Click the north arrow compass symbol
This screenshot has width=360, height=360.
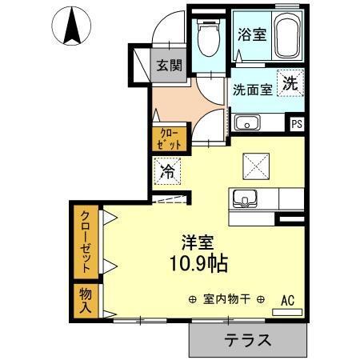click(70, 26)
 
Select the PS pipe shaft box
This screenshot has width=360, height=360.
click(296, 123)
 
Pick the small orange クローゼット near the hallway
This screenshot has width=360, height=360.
click(168, 138)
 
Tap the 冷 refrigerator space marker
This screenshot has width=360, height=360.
click(168, 170)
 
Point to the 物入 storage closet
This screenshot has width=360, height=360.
click(86, 300)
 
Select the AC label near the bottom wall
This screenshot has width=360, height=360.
click(287, 300)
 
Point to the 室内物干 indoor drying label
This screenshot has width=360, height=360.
click(227, 299)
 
